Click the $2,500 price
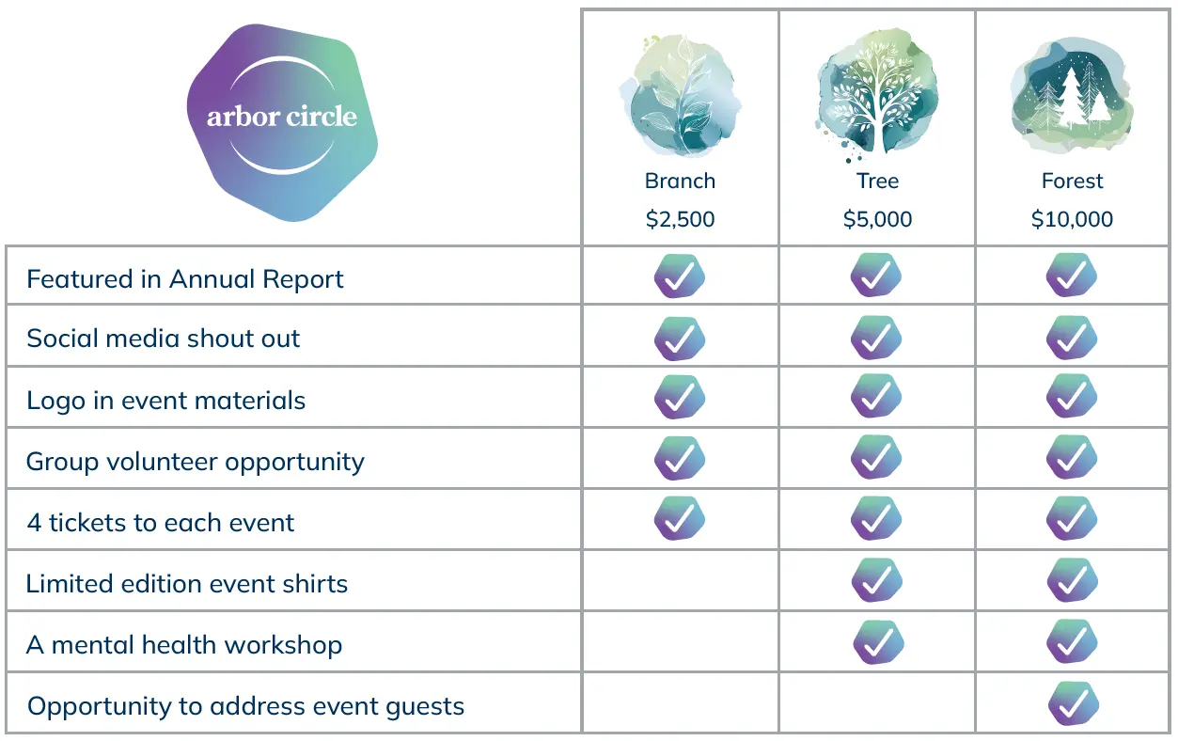680,219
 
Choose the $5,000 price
877,219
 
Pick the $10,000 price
1072,219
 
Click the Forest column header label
1072,181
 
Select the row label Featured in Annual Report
185,279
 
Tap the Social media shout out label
164,339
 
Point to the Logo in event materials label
166,400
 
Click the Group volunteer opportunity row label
195,462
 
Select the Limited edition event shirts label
187,584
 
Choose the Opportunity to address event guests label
245,706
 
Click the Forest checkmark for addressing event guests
1073,704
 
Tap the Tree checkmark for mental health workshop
878,643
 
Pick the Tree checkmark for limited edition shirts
876,581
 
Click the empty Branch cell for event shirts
680,582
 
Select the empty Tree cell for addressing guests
877,702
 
